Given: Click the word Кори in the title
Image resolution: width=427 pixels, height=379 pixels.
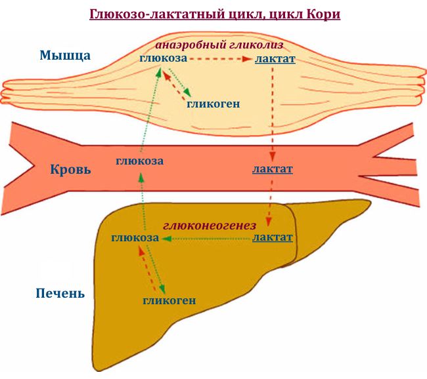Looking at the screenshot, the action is click(323, 14).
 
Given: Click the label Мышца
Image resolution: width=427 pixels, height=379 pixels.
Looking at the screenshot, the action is click(65, 55).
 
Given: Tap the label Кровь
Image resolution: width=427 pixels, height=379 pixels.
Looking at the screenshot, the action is click(70, 170).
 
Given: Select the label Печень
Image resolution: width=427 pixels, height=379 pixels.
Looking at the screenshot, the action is click(60, 293).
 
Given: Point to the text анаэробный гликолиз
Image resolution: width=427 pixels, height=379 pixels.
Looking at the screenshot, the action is click(219, 45).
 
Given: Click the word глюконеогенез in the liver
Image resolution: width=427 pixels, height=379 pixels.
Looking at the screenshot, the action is click(210, 226).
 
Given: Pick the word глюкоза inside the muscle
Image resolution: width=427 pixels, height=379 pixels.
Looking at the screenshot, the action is click(164, 58).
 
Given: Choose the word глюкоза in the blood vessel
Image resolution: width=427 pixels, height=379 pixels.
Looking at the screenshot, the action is click(140, 161).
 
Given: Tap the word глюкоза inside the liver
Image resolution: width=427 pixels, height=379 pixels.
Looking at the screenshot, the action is click(135, 237).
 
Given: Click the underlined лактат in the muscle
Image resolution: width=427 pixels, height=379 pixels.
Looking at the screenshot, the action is click(275, 59).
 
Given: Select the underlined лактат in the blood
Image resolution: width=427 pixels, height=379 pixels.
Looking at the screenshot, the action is click(273, 169).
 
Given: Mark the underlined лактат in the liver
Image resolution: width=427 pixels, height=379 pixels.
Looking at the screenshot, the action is click(273, 237).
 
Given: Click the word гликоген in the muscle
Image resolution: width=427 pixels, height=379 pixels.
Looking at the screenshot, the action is click(213, 104).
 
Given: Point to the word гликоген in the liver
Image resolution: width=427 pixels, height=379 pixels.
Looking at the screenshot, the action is click(169, 300).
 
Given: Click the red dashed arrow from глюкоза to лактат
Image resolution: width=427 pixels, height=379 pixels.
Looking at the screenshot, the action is click(220, 59).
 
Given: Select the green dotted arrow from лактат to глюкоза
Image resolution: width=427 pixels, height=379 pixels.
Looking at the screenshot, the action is click(206, 239).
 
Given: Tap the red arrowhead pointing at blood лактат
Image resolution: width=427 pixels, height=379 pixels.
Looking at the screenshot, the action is click(273, 157).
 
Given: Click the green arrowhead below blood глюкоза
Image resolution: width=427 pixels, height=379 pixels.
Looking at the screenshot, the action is click(141, 177).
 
